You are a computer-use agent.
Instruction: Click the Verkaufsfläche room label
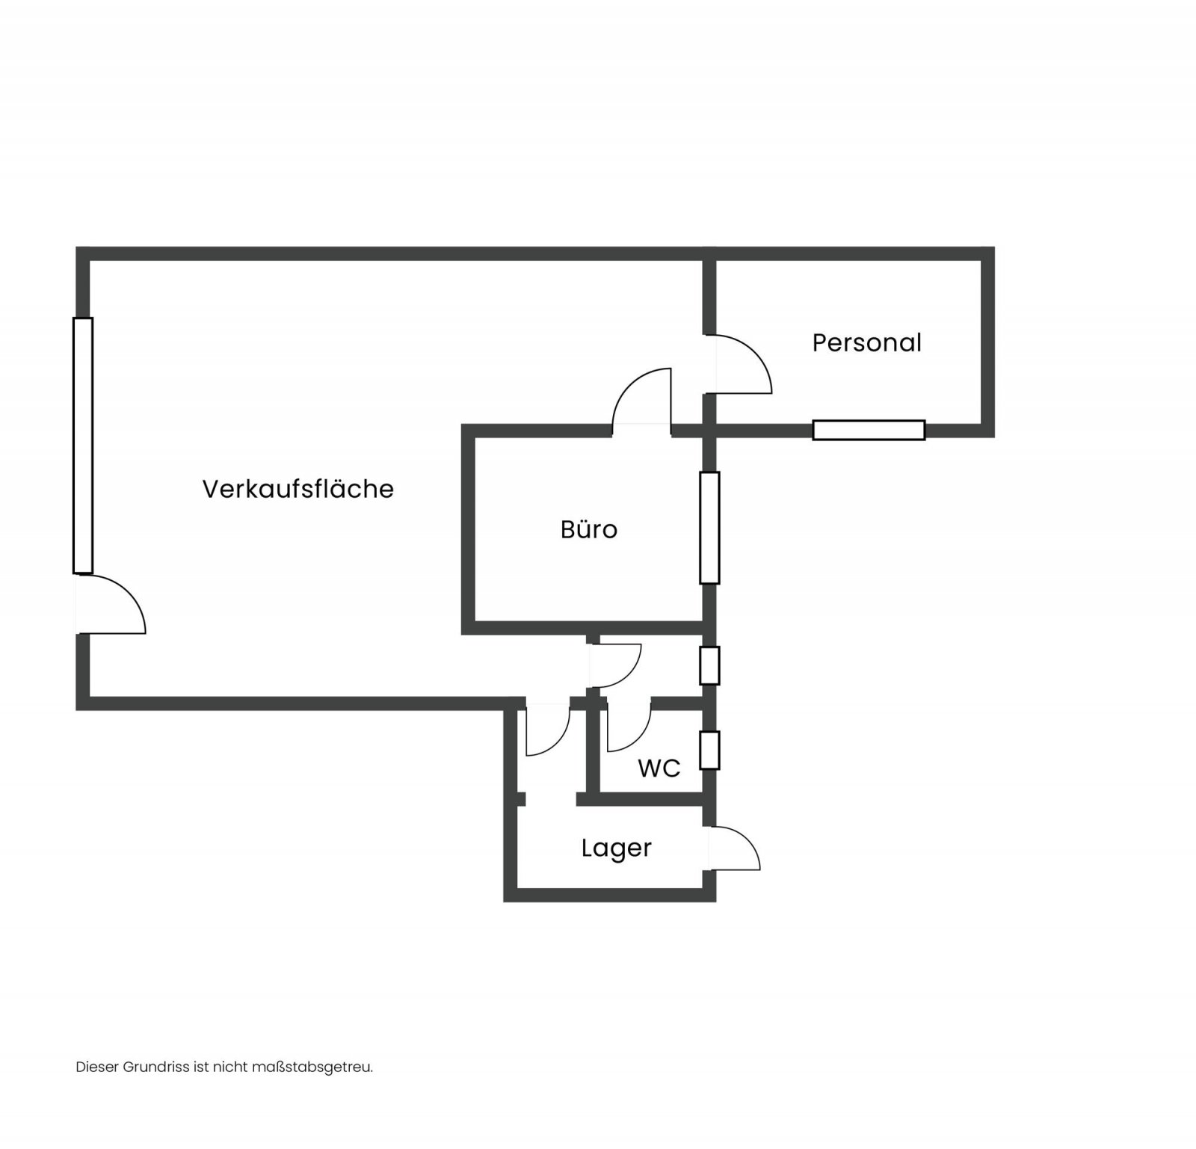pyautogui.click(x=298, y=488)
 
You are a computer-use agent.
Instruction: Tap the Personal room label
pyautogui.click(x=866, y=342)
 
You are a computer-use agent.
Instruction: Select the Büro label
pyautogui.click(x=589, y=529)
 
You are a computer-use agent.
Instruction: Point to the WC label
pyautogui.click(x=659, y=768)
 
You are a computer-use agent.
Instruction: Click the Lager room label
pyautogui.click(x=617, y=848)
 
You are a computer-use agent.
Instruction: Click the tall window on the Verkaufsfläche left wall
pyautogui.click(x=83, y=446)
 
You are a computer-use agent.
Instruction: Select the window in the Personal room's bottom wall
pyautogui.click(x=869, y=430)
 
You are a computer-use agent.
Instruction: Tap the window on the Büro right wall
pyautogui.click(x=709, y=528)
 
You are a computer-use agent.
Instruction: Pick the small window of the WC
pyautogui.click(x=709, y=750)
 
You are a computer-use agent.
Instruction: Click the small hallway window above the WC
pyautogui.click(x=709, y=665)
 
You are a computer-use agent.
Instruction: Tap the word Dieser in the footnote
pyautogui.click(x=97, y=1067)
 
